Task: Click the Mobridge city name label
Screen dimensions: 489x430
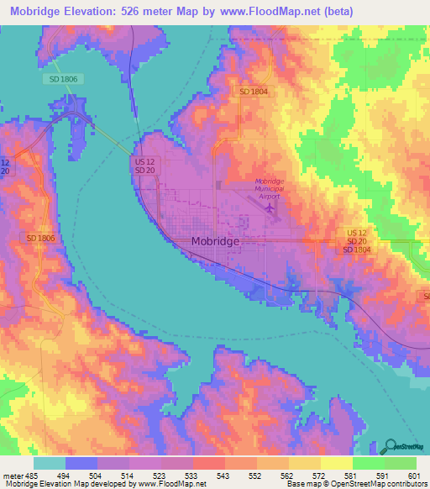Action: [x=216, y=241]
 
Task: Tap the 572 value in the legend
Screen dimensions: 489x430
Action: [x=317, y=476]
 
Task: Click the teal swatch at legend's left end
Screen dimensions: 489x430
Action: [x=49, y=463]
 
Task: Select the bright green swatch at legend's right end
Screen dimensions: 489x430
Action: [x=401, y=463]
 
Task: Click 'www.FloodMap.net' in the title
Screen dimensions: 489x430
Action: [x=275, y=12]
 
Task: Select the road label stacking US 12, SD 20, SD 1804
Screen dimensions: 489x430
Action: [x=357, y=240]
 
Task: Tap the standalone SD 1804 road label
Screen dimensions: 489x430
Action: [x=253, y=91]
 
